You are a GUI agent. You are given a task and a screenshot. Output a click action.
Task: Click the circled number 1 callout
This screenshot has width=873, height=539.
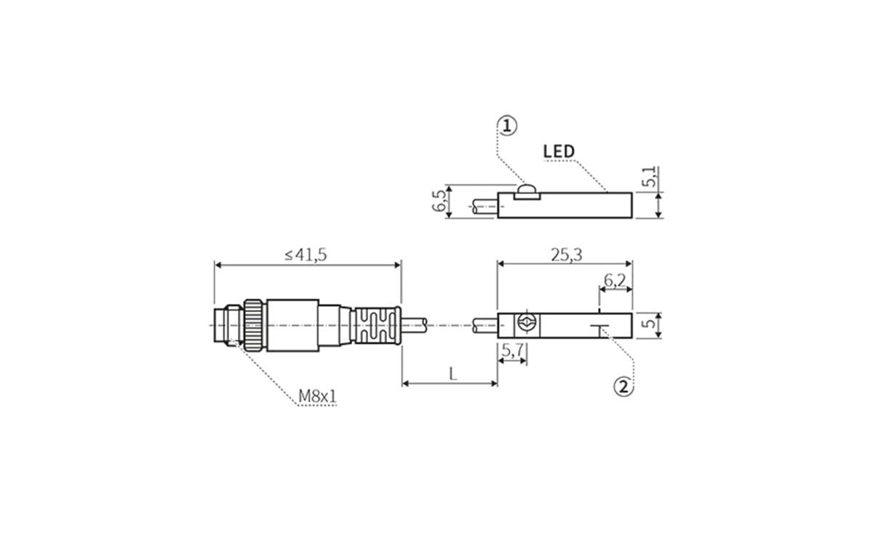tap(508, 126)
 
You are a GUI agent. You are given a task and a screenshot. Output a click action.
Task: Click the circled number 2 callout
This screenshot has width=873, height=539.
tap(623, 387)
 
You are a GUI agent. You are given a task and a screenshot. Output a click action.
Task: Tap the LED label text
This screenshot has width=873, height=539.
tap(559, 151)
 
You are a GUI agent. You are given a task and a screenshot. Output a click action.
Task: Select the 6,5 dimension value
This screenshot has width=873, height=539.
tap(439, 201)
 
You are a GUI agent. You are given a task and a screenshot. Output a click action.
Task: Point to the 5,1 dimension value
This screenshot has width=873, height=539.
tap(649, 177)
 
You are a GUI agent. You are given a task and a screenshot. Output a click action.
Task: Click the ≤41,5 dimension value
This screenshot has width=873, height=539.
tap(306, 255)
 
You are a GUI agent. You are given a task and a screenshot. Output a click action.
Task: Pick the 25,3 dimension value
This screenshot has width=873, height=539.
tap(566, 255)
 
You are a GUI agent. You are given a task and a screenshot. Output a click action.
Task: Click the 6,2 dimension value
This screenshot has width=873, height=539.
tap(615, 280)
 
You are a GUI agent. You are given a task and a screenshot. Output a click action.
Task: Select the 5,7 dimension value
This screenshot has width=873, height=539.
tap(513, 351)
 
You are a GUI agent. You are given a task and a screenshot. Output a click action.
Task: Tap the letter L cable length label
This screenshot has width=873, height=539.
tap(453, 374)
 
